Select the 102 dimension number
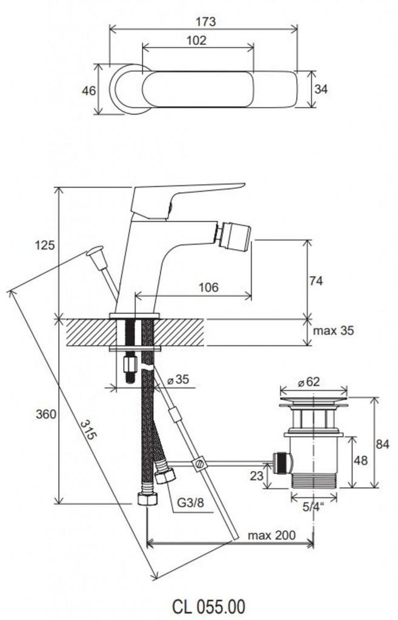coord(196,41)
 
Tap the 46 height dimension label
coord(88,91)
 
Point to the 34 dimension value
coord(321,90)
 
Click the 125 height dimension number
coord(45,245)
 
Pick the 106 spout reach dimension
coord(208,287)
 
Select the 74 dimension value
coord(316,281)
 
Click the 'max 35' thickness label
coord(333,331)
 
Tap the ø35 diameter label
coord(178,380)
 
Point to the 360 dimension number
coord(46,414)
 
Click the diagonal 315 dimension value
coord(88,430)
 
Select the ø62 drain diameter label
coord(308,382)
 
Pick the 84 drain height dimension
coord(383,444)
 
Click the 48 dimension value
coord(360,460)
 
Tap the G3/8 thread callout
coord(190,503)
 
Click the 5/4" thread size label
coord(313,507)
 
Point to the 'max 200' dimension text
coord(271,535)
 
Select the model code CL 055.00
coord(209,605)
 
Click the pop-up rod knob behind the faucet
coord(95,252)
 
